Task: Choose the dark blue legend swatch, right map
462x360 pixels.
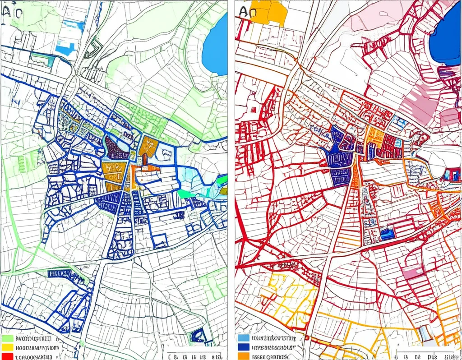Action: pyautogui.click(x=243, y=347)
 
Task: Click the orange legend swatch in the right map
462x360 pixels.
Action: pyautogui.click(x=243, y=356)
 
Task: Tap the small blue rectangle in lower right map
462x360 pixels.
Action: pyautogui.click(x=386, y=234)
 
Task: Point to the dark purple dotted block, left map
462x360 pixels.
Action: pyautogui.click(x=116, y=149)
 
